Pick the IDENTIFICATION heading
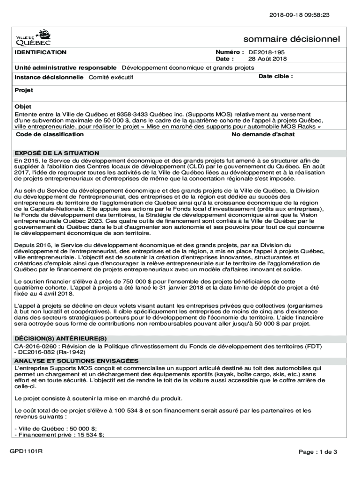coord(40,52)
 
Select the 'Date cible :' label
coord(275,76)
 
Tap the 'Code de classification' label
coord(50,134)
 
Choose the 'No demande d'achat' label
coord(263,134)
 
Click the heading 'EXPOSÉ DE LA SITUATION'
coord(57,153)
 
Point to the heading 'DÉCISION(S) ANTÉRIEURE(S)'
coord(60,338)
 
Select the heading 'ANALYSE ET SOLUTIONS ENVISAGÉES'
coord(76,361)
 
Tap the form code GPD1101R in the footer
coord(27,451)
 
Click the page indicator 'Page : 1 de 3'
coord(318,452)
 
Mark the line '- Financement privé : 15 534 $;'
coord(59,435)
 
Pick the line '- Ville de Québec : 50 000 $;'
coord(56,428)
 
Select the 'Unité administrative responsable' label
coord(65,68)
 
